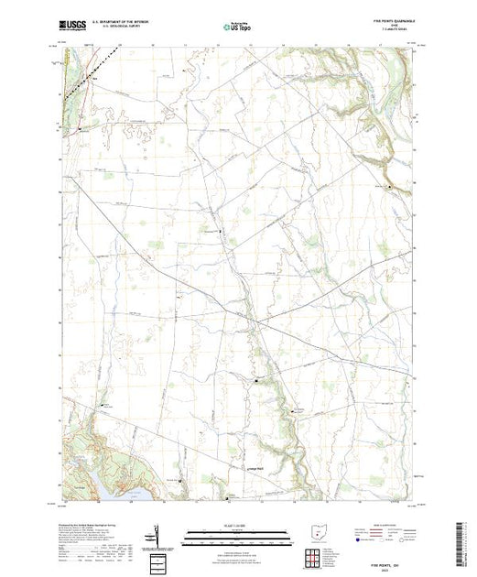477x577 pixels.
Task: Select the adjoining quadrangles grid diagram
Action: (x=314, y=558)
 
